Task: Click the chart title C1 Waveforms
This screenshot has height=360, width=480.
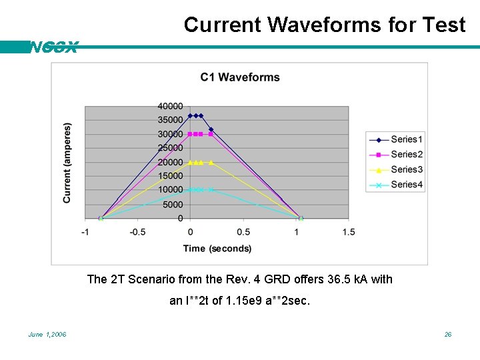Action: (x=240, y=77)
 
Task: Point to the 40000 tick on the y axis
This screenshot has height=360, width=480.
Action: (x=170, y=106)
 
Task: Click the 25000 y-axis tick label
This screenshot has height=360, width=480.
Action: (x=170, y=148)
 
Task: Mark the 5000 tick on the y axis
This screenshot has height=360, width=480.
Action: (x=172, y=205)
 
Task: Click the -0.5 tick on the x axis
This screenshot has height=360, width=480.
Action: (x=137, y=232)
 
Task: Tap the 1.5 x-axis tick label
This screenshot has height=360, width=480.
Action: (x=348, y=232)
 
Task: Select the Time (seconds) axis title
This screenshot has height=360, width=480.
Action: (x=217, y=249)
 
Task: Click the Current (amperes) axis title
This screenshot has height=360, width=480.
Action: (x=67, y=163)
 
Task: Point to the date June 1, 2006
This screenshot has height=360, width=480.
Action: (x=47, y=334)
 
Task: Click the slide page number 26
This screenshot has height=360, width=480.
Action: (x=448, y=334)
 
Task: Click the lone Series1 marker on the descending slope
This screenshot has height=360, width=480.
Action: (x=211, y=129)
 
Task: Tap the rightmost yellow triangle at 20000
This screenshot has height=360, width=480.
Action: (x=211, y=162)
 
